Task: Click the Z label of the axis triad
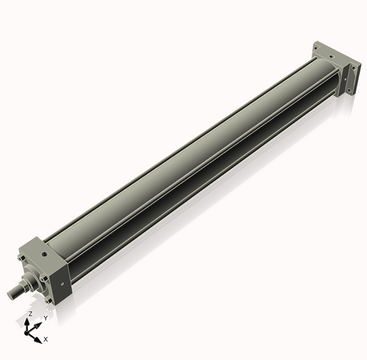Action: click(x=29, y=314)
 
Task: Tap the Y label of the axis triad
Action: click(x=45, y=318)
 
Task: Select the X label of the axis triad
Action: click(x=46, y=339)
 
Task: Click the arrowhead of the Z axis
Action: click(x=30, y=321)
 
